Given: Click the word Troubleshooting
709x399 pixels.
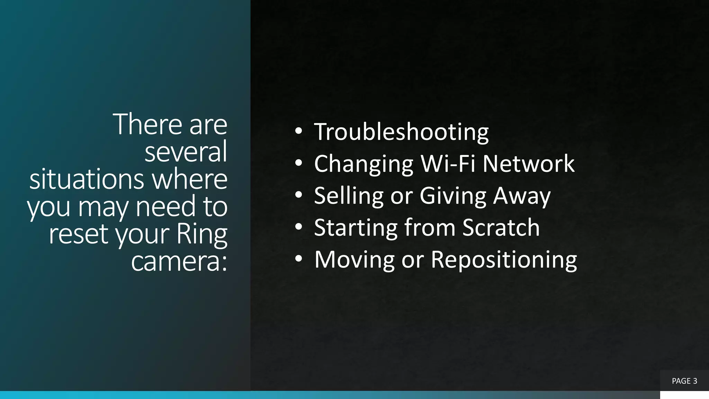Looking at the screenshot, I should click(401, 132).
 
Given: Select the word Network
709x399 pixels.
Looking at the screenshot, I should click(528, 163).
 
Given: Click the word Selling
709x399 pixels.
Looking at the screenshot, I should click(349, 196).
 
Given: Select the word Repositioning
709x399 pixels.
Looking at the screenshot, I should click(504, 259).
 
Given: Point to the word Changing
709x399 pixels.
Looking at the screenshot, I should click(364, 163).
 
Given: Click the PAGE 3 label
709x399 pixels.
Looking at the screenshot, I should click(684, 381).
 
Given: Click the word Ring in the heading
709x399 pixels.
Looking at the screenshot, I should click(201, 234).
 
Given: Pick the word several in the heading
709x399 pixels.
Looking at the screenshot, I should click(186, 151).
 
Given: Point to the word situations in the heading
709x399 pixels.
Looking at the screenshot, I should click(87, 179).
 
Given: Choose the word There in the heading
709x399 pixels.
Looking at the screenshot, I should click(147, 124).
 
